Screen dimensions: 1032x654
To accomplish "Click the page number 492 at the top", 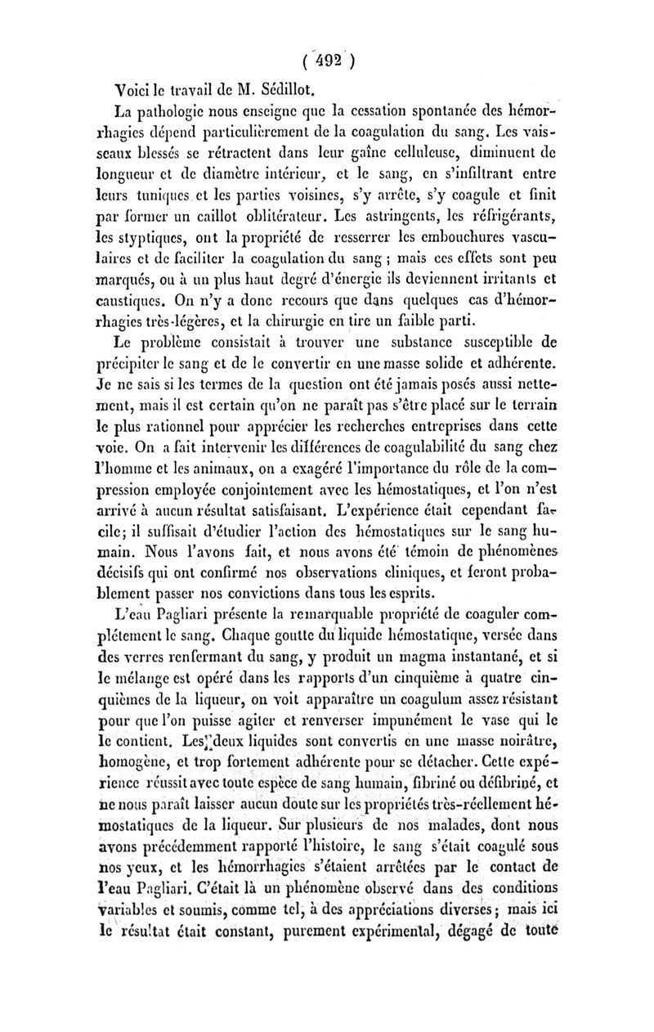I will (326, 59).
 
